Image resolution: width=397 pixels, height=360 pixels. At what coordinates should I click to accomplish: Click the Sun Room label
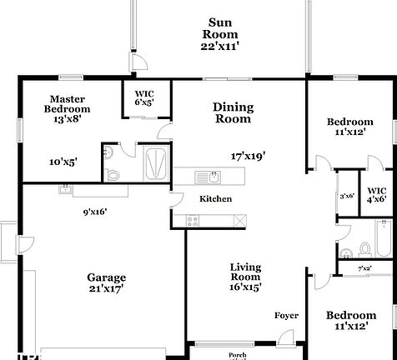click(x=220, y=34)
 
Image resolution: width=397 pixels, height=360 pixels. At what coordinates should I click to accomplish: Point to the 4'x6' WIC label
click(x=376, y=194)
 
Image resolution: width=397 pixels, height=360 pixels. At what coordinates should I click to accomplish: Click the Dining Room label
click(x=233, y=112)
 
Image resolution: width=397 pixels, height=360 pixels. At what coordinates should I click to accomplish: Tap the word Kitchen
click(x=215, y=199)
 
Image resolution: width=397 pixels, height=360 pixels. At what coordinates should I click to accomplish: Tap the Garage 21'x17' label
click(x=106, y=283)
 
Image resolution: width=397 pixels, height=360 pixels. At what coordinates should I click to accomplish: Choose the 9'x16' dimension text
click(x=95, y=212)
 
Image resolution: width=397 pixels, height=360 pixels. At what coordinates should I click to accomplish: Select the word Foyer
click(x=287, y=315)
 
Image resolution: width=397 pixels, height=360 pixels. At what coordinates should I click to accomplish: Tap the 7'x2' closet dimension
click(x=364, y=268)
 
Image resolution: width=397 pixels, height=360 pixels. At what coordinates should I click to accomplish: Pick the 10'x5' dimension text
click(x=63, y=162)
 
